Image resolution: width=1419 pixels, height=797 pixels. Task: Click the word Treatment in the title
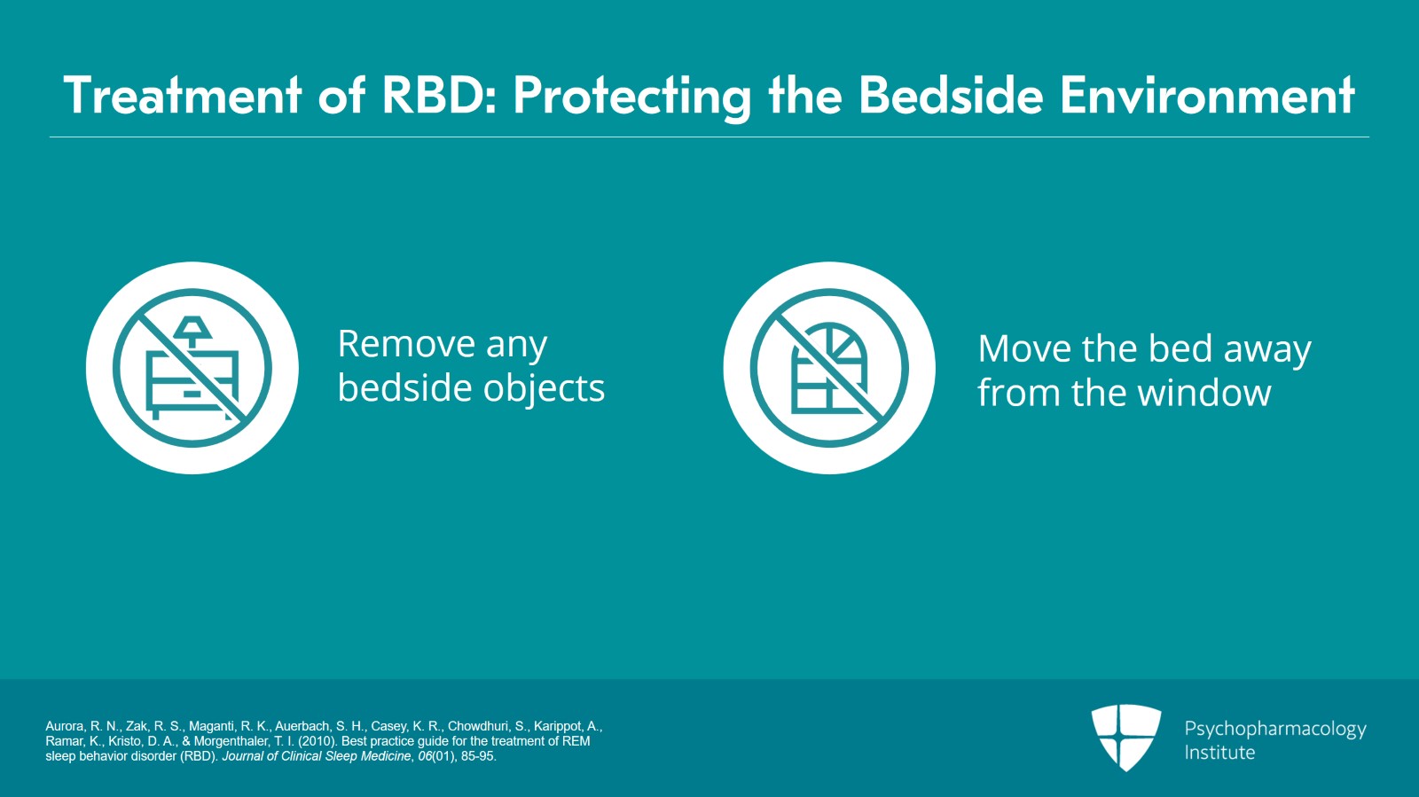pos(183,96)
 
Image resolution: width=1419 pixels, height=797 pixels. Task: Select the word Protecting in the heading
pos(632,98)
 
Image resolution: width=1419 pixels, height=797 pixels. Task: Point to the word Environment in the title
pos(1207,96)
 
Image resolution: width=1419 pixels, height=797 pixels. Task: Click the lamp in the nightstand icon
pos(192,331)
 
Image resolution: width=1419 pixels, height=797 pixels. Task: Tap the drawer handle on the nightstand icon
pos(192,394)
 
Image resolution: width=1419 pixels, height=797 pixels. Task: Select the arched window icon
pos(828,368)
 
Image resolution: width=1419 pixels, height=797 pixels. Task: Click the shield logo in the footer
pos(1125,737)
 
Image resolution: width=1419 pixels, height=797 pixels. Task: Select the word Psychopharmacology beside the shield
pos(1275,730)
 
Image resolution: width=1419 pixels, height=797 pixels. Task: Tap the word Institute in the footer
pos(1219,753)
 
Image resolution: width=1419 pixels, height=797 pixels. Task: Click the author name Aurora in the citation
pos(64,726)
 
